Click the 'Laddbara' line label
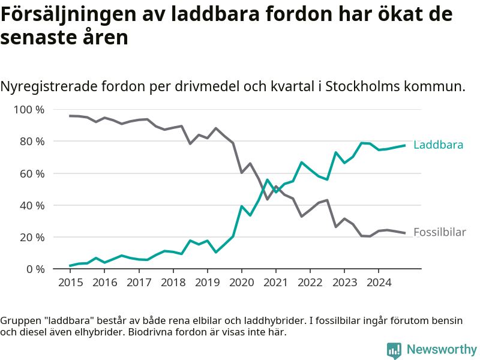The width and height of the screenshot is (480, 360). [438, 145]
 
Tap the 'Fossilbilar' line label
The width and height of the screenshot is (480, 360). [440, 232]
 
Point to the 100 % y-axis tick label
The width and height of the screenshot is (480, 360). [29, 110]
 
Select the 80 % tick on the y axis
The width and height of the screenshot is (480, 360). [32, 142]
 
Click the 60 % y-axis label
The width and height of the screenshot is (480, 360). [32, 173]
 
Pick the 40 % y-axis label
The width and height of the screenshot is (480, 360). [32, 205]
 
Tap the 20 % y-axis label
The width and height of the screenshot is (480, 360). [32, 237]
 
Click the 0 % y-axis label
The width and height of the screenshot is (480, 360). [35, 269]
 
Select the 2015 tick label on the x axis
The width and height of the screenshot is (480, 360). [70, 282]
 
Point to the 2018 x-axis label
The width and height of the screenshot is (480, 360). [173, 282]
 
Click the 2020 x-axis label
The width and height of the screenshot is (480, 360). [241, 282]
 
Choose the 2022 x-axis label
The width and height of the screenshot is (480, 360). [310, 282]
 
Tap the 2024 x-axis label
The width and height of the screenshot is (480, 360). [378, 282]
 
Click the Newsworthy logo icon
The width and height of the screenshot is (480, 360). [394, 350]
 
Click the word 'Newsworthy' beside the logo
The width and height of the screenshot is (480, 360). [442, 350]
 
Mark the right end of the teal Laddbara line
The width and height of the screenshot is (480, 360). [405, 145]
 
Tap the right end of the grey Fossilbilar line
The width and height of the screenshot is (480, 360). [405, 233]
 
